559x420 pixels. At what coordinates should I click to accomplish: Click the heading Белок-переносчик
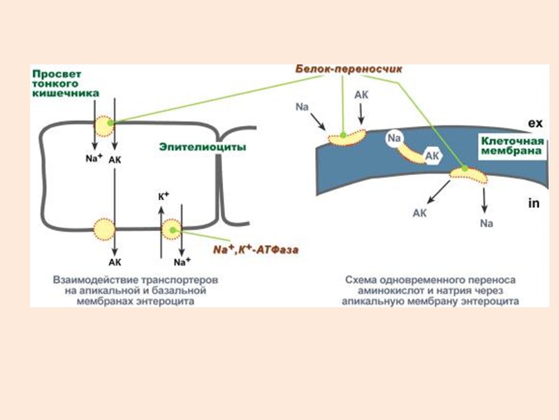coord(342,70)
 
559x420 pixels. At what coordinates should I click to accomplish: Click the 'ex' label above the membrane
coord(535,123)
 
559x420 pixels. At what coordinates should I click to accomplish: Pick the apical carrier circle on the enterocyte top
coord(105,126)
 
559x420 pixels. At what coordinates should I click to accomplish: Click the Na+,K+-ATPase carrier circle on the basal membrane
coord(172,228)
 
